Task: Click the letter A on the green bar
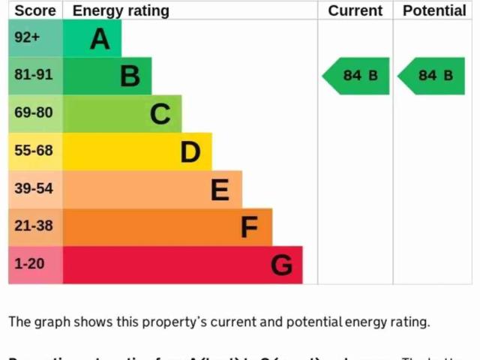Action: [100, 38]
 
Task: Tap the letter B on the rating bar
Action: [130, 76]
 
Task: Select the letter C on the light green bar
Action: [160, 114]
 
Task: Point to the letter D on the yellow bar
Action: [190, 152]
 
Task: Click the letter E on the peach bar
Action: [220, 190]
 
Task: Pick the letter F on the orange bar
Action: [250, 227]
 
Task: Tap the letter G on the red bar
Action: [281, 265]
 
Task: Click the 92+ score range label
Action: [27, 37]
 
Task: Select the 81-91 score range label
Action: [34, 75]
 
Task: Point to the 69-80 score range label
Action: [34, 113]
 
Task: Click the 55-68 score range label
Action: [34, 151]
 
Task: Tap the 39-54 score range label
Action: [34, 188]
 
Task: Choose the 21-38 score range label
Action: [34, 226]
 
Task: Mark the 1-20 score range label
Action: [29, 264]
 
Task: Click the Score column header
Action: [35, 10]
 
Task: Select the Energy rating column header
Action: [121, 10]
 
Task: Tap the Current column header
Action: [355, 10]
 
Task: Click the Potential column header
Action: [434, 10]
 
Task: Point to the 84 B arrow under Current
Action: [357, 76]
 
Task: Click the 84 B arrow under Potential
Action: [433, 76]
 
